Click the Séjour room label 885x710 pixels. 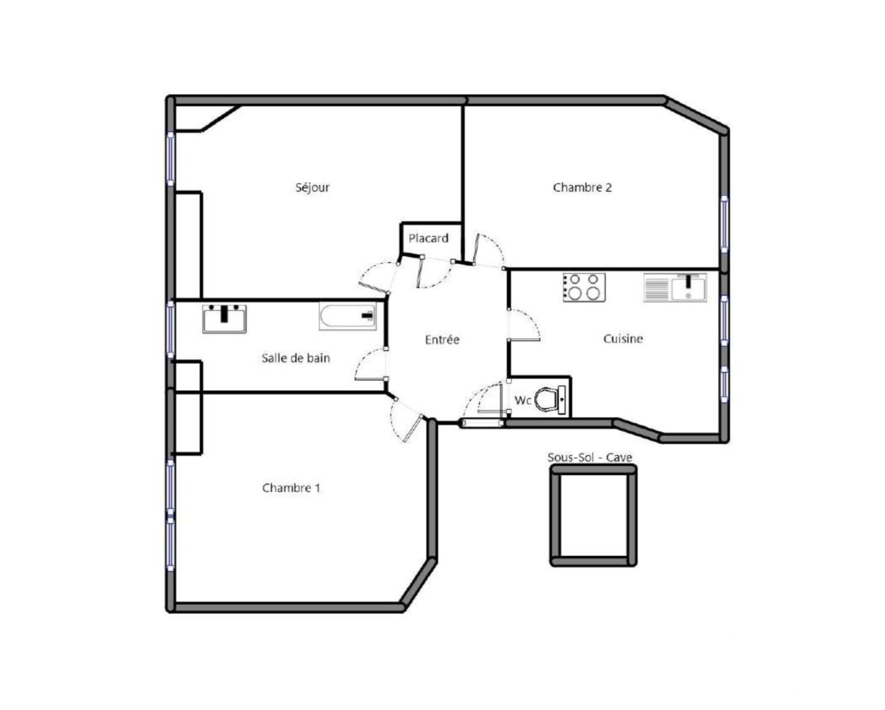(x=312, y=187)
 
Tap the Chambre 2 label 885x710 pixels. (x=582, y=187)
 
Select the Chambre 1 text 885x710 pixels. (x=291, y=488)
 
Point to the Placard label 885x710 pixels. (x=428, y=238)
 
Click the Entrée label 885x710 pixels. (x=442, y=340)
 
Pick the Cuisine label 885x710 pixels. (x=622, y=339)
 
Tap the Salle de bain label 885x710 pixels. (x=296, y=358)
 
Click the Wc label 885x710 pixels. (x=523, y=400)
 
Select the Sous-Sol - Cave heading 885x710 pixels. (x=589, y=457)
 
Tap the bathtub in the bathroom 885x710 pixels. (x=348, y=316)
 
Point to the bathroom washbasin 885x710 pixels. (x=224, y=319)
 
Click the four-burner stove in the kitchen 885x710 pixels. (x=584, y=287)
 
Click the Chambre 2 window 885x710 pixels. (x=724, y=225)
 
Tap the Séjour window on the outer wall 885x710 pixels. (x=170, y=159)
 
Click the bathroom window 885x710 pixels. (x=170, y=329)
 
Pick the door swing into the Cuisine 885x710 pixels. (x=524, y=325)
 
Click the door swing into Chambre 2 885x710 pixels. (x=488, y=251)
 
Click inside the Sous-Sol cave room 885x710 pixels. (x=593, y=516)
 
